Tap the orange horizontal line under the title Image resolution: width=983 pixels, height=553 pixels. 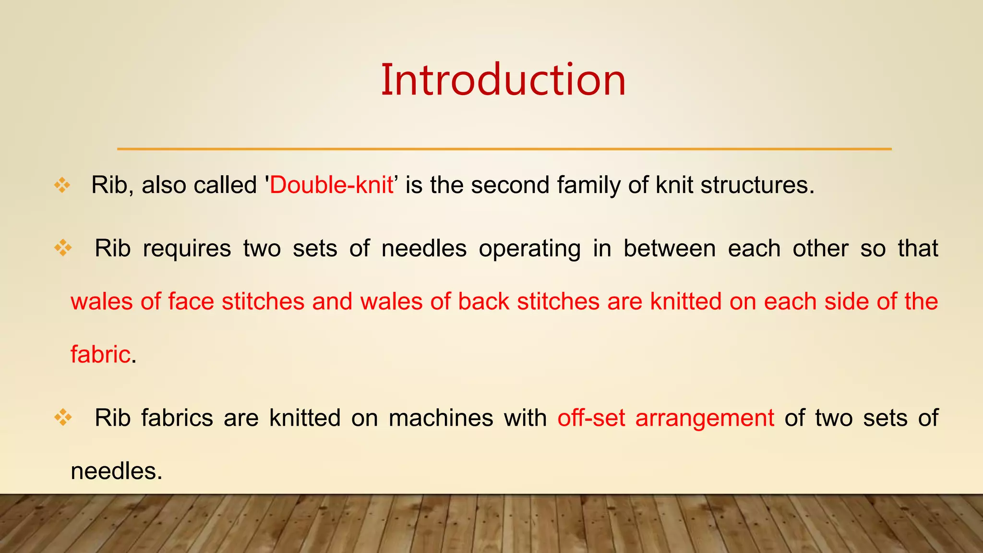click(x=504, y=149)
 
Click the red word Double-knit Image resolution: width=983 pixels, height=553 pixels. click(x=331, y=185)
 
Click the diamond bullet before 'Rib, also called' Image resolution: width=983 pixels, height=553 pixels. click(x=62, y=185)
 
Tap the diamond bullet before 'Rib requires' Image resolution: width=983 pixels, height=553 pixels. click(x=63, y=248)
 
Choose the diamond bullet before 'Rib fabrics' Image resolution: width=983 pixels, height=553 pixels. click(x=63, y=418)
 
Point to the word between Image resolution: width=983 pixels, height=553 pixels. click(x=670, y=249)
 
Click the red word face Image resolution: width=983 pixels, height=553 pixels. click(x=191, y=302)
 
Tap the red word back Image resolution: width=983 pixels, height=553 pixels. click(x=483, y=302)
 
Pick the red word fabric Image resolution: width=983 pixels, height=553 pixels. click(x=100, y=355)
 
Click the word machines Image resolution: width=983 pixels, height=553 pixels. click(x=441, y=418)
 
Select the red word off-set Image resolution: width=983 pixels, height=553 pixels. click(x=591, y=418)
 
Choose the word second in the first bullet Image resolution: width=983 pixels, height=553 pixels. click(x=510, y=185)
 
